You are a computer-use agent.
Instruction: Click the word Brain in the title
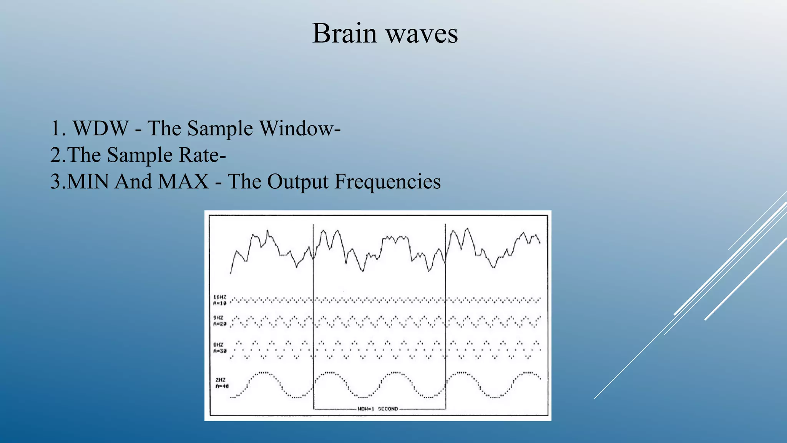[x=344, y=33]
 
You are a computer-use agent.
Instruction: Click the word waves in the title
[x=422, y=33]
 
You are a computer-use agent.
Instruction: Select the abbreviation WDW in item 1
[x=101, y=128]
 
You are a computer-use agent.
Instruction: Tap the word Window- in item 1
[x=300, y=128]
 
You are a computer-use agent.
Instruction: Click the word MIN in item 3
[x=88, y=182]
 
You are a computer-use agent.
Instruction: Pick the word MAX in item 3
[x=184, y=182]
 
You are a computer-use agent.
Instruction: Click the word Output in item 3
[x=298, y=182]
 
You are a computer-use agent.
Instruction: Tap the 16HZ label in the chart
[x=220, y=297]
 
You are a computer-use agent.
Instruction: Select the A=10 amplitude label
[x=220, y=303]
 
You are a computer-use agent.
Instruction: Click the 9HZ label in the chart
[x=218, y=318]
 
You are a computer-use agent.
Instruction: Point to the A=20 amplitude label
[x=220, y=324]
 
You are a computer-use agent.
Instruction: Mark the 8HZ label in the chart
[x=218, y=345]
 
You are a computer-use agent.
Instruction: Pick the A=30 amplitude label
[x=220, y=351]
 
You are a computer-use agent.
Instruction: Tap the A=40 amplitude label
[x=222, y=386]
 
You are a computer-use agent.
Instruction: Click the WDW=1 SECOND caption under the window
[x=378, y=409]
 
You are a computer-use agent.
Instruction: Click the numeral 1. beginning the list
[x=58, y=128]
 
